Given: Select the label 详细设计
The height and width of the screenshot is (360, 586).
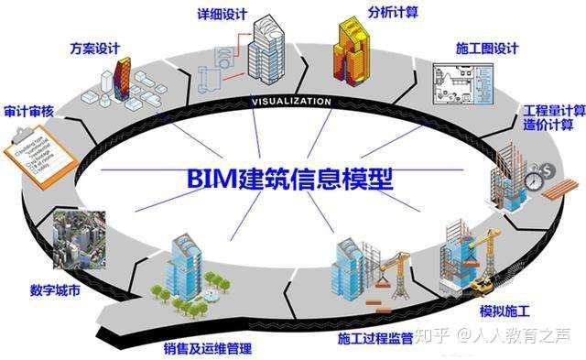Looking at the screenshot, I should [222, 14].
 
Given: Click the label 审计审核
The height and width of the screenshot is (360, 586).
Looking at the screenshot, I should [28, 111].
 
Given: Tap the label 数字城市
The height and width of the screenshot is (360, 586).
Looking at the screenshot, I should [55, 292].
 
